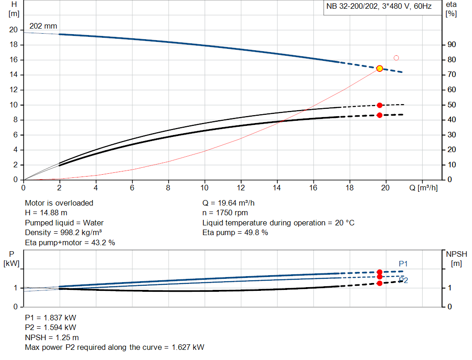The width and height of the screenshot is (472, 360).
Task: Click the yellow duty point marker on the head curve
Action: click(x=379, y=68)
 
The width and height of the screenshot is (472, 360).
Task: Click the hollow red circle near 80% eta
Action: click(x=396, y=58)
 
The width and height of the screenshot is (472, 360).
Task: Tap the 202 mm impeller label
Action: click(x=43, y=26)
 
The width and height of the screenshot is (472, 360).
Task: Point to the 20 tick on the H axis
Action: click(x=13, y=30)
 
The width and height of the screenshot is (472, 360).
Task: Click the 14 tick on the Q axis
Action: click(x=277, y=188)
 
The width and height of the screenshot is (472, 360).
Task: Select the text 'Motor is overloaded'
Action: click(x=59, y=203)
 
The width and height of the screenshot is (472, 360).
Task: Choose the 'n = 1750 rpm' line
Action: click(x=225, y=213)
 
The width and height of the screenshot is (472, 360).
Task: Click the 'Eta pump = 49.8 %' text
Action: click(x=235, y=233)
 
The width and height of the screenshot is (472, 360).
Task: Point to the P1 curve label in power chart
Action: click(x=403, y=264)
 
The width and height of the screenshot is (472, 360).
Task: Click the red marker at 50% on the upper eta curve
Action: click(x=379, y=106)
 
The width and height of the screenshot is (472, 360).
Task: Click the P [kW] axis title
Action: click(x=12, y=259)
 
